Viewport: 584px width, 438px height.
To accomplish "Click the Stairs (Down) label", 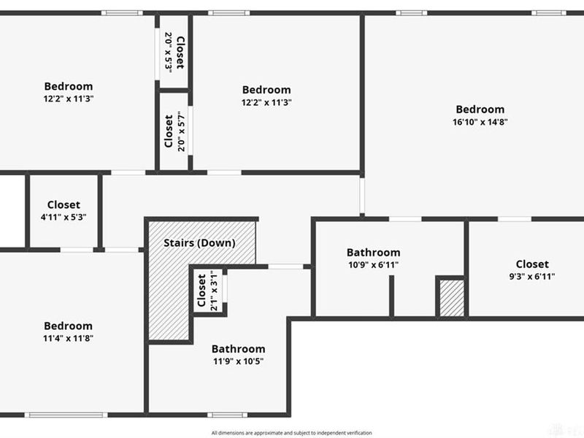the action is click(199, 243).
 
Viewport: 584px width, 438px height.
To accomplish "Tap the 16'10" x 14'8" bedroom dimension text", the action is click(480, 122).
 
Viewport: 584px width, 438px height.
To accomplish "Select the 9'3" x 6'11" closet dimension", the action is click(532, 277).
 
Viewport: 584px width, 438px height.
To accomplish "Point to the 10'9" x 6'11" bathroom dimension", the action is click(374, 265).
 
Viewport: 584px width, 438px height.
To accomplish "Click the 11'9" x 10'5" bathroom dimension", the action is click(239, 361).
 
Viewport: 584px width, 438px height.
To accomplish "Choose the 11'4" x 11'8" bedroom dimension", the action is click(68, 338).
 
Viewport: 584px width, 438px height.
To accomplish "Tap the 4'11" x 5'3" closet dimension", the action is click(64, 217).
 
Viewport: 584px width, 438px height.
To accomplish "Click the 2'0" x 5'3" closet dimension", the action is click(169, 53).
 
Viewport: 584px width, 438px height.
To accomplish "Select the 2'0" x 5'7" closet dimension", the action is click(181, 131).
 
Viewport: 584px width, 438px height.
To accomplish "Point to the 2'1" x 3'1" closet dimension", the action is click(214, 291).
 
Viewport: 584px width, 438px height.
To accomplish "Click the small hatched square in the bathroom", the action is click(452, 299).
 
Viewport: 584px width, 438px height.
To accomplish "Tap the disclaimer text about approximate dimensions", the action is click(291, 433).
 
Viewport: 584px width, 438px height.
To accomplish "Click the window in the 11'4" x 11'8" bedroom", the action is click(66, 415).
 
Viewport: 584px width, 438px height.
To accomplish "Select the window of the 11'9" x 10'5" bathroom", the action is click(227, 415).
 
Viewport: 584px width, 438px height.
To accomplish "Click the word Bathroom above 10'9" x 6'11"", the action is click(374, 253).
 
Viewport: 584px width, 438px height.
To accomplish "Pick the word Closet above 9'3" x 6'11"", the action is click(532, 264).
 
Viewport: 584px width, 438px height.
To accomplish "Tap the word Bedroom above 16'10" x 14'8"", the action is click(480, 109).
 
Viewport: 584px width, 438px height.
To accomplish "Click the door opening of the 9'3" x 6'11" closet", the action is click(515, 219).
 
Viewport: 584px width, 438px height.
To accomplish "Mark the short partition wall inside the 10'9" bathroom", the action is click(391, 296).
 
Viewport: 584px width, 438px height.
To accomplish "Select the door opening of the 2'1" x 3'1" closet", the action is click(225, 288).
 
